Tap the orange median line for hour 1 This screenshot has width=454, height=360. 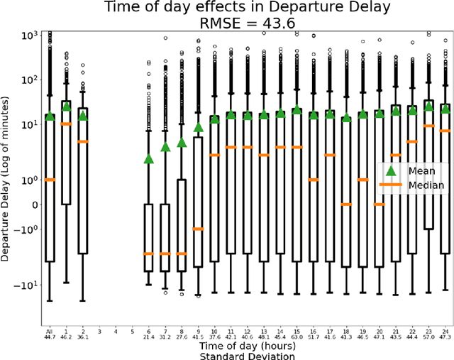coord(66,124)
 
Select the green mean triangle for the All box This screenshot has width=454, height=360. coord(50,116)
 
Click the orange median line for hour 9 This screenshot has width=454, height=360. coord(198,229)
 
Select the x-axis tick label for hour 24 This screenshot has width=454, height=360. coord(445,331)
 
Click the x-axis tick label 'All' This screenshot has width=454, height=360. coord(50,331)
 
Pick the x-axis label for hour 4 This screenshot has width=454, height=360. coord(116,331)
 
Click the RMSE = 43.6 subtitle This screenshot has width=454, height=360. coord(247,23)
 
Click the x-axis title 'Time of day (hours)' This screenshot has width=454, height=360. coord(248,344)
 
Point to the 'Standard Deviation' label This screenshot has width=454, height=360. coord(248,354)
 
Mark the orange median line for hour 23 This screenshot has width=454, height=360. coord(428,126)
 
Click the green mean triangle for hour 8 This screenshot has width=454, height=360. coord(182,142)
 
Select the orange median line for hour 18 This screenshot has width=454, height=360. coord(346,204)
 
